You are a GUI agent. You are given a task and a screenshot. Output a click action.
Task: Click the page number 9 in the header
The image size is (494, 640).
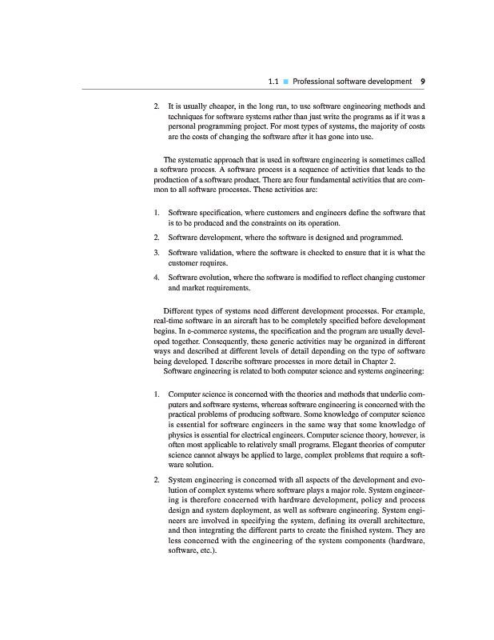point(422,82)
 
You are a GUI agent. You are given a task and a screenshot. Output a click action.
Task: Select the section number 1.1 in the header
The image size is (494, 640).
point(272,82)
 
